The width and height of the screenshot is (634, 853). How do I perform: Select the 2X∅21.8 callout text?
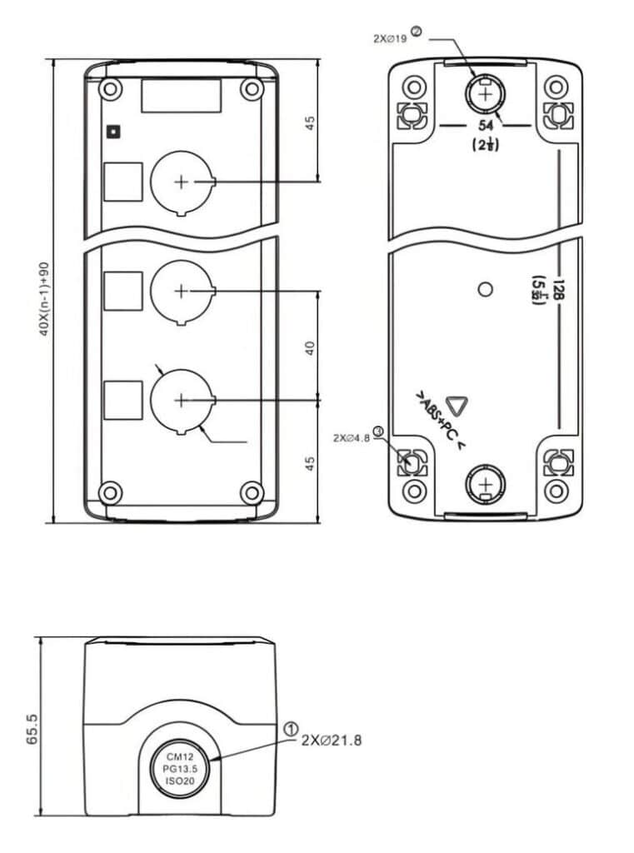click(x=332, y=739)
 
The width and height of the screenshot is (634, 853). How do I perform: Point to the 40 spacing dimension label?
click(x=309, y=348)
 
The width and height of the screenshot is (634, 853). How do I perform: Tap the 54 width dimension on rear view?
click(x=486, y=125)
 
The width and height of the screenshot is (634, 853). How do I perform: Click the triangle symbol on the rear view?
click(x=457, y=407)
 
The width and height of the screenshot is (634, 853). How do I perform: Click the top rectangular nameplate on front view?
click(x=181, y=95)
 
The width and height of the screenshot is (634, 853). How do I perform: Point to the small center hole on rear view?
click(x=487, y=290)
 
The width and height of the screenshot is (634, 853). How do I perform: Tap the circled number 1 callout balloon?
click(x=291, y=729)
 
